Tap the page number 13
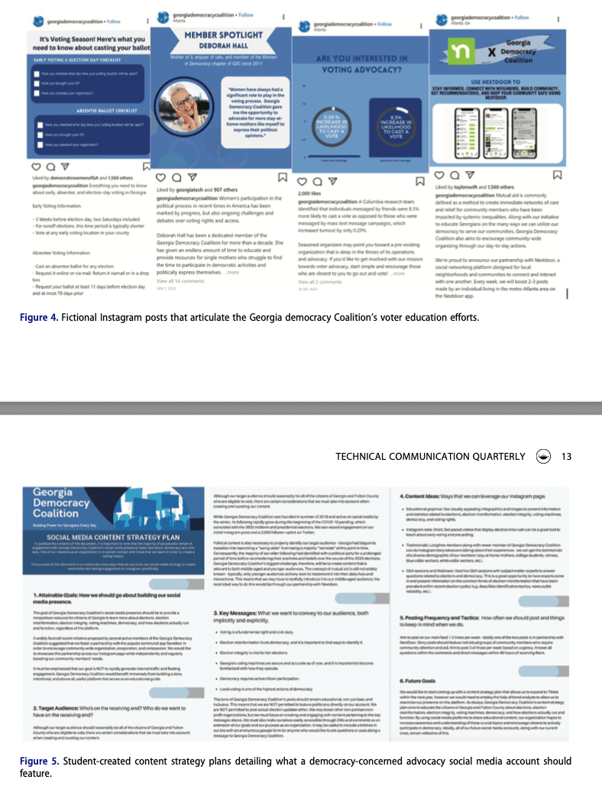click(566, 457)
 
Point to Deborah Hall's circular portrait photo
click(188, 115)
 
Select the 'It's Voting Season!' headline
click(89, 39)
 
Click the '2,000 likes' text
click(308, 196)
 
